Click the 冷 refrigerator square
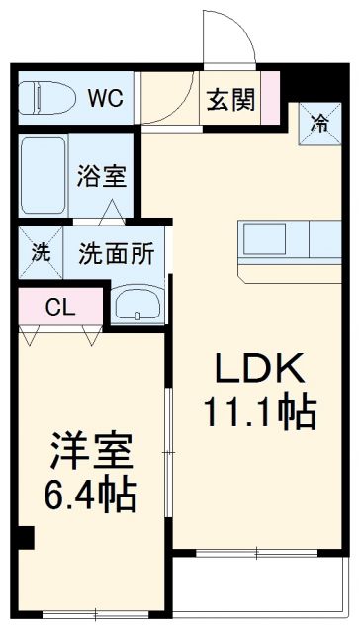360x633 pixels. pos(319,123)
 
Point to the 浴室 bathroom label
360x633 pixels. pos(103,177)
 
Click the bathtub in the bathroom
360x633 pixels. pos(45,177)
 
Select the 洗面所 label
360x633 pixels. pos(116,252)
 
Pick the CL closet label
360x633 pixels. pos(60,307)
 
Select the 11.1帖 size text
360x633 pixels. pos(259,410)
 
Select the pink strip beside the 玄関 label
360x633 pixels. pos(268,99)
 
